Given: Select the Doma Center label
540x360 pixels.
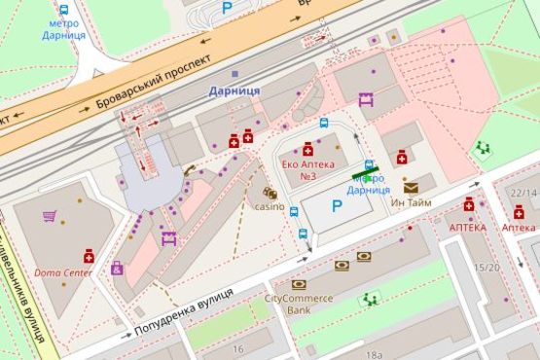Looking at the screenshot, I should click(x=64, y=272).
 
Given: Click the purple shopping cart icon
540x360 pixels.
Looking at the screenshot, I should click(x=49, y=216).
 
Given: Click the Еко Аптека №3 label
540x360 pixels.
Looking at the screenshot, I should click(x=308, y=169).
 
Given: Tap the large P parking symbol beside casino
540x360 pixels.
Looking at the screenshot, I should click(x=337, y=206).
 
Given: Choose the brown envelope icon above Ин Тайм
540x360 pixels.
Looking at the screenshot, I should click(x=412, y=186).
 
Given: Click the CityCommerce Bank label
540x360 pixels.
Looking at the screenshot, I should click(x=299, y=304).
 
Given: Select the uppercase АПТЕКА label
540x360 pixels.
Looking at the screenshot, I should click(x=467, y=227).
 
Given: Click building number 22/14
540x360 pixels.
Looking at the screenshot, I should click(x=524, y=194).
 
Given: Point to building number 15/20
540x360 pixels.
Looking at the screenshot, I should click(x=486, y=268).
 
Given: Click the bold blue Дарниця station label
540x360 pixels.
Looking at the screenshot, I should click(x=234, y=90).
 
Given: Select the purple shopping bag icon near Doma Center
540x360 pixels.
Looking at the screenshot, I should click(x=118, y=269).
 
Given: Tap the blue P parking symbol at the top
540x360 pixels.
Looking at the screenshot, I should click(x=228, y=7).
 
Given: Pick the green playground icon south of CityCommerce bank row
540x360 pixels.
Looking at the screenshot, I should click(x=369, y=299).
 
